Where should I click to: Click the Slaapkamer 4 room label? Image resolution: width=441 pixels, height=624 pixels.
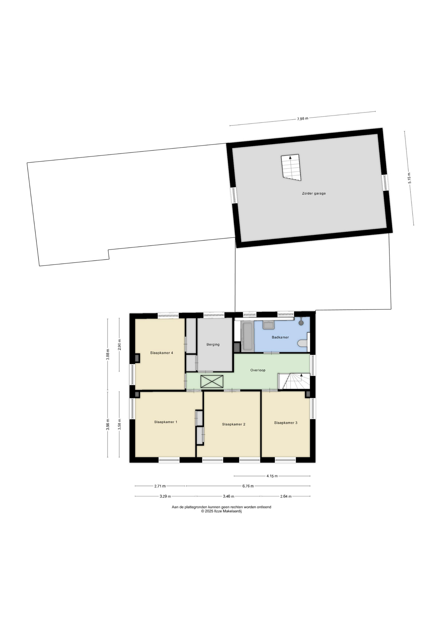(x=161, y=353)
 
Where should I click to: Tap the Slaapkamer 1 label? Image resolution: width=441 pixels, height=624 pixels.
(x=166, y=422)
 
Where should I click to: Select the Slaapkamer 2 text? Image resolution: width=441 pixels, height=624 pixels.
(x=233, y=424)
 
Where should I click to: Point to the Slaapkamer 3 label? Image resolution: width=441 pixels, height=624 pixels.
(x=285, y=423)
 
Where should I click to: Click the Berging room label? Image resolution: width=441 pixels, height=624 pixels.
(x=213, y=344)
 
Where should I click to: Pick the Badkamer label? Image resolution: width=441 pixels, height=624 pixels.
(x=280, y=337)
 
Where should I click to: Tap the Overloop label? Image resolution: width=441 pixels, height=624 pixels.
(x=258, y=370)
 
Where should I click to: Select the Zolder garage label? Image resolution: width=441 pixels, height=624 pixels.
(x=314, y=193)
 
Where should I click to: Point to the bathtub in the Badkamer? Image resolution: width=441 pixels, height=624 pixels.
(x=247, y=336)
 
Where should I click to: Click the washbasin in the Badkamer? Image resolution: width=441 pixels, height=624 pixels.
(x=268, y=325)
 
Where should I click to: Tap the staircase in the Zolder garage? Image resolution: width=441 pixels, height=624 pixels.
(x=291, y=167)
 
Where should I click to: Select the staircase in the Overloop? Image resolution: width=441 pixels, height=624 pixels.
(x=294, y=381)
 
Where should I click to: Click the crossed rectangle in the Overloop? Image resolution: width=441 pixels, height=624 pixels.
(x=212, y=381)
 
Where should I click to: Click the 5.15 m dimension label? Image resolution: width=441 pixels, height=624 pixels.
(x=409, y=178)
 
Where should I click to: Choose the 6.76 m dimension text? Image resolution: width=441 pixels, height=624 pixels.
(x=248, y=486)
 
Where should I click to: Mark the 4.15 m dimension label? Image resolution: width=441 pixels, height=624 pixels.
(x=272, y=476)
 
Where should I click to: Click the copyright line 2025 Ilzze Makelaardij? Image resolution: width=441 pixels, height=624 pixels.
(x=221, y=511)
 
